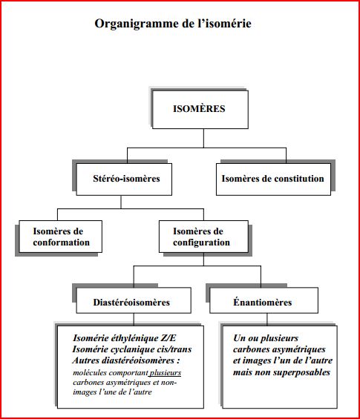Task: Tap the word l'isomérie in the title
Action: click(x=224, y=23)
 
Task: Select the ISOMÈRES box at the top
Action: click(x=200, y=110)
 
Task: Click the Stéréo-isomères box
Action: click(x=124, y=179)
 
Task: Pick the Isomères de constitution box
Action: click(x=273, y=179)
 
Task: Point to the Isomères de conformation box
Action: click(x=60, y=237)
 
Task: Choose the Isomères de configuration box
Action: click(x=203, y=237)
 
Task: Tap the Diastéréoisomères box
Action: click(x=134, y=300)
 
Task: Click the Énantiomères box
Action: click(x=264, y=300)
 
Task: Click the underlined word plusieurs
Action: click(x=166, y=372)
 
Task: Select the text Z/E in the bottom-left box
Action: click(x=168, y=338)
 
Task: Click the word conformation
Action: click(x=62, y=243)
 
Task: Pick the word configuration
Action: click(x=201, y=243)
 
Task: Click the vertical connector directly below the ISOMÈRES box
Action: click(x=203, y=138)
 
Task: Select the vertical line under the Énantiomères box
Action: click(x=266, y=320)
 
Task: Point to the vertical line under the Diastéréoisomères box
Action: click(x=134, y=320)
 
